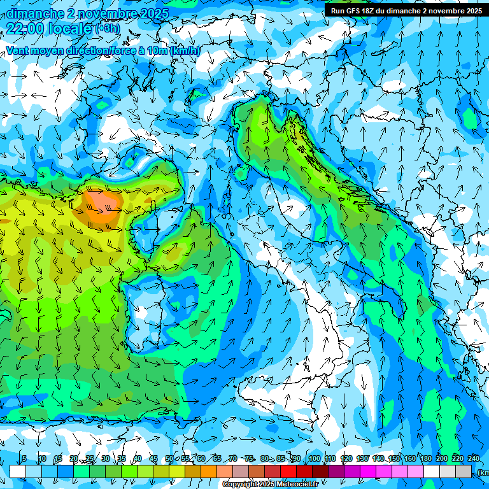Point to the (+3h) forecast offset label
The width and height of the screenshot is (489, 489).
tap(107, 28)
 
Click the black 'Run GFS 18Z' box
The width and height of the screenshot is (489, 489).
tap(406, 10)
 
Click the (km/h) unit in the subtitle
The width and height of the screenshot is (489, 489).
tap(185, 50)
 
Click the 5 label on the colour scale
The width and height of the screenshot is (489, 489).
tap(24, 458)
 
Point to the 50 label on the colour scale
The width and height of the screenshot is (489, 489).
tap(169, 458)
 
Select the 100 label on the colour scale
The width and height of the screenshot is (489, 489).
tap(314, 458)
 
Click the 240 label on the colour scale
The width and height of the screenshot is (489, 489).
tap(473, 458)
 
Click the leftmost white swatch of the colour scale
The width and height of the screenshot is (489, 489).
tap(18, 471)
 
